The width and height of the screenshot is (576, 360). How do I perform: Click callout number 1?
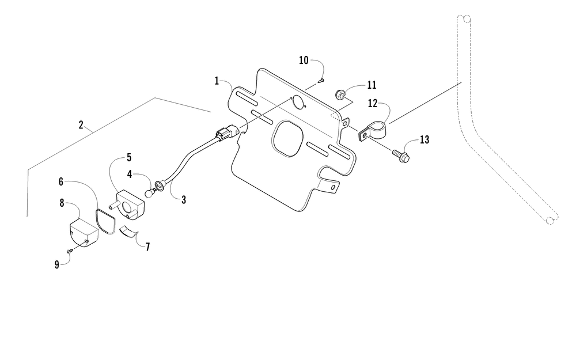(217, 81)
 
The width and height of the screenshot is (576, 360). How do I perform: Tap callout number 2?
(81, 124)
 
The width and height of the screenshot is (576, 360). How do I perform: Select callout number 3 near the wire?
(183, 200)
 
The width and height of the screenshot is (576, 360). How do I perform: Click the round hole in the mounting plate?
(298, 103)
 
